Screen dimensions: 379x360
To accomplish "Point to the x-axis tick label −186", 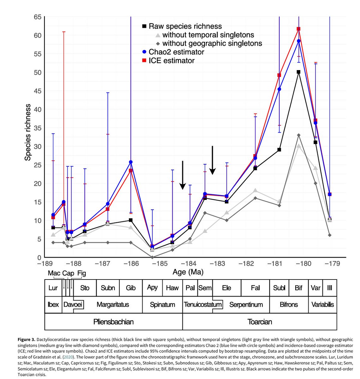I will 130,264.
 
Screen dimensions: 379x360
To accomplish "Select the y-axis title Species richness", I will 28,132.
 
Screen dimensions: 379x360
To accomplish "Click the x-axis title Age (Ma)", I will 188,272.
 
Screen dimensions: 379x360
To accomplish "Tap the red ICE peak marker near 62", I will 298,29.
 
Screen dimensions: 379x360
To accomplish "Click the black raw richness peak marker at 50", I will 298,72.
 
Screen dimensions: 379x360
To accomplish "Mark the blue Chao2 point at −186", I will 131,162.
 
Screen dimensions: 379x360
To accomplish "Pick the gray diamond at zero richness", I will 152,257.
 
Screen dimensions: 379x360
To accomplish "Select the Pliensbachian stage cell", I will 113,322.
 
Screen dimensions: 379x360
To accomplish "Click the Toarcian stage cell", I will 260,322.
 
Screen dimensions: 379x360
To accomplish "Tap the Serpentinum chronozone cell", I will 246,305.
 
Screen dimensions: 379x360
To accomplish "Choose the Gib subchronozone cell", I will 131,288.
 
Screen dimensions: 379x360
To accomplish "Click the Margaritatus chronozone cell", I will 113,305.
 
